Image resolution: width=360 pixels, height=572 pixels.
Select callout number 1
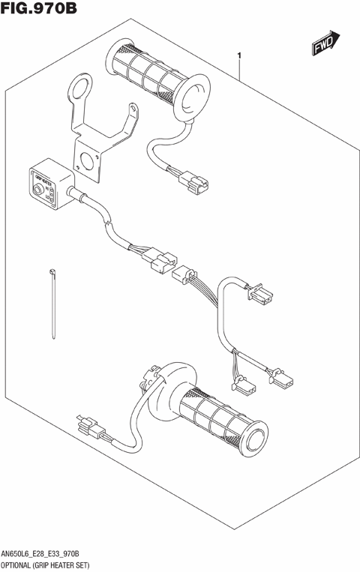238,55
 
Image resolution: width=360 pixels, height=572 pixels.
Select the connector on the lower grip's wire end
88,426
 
